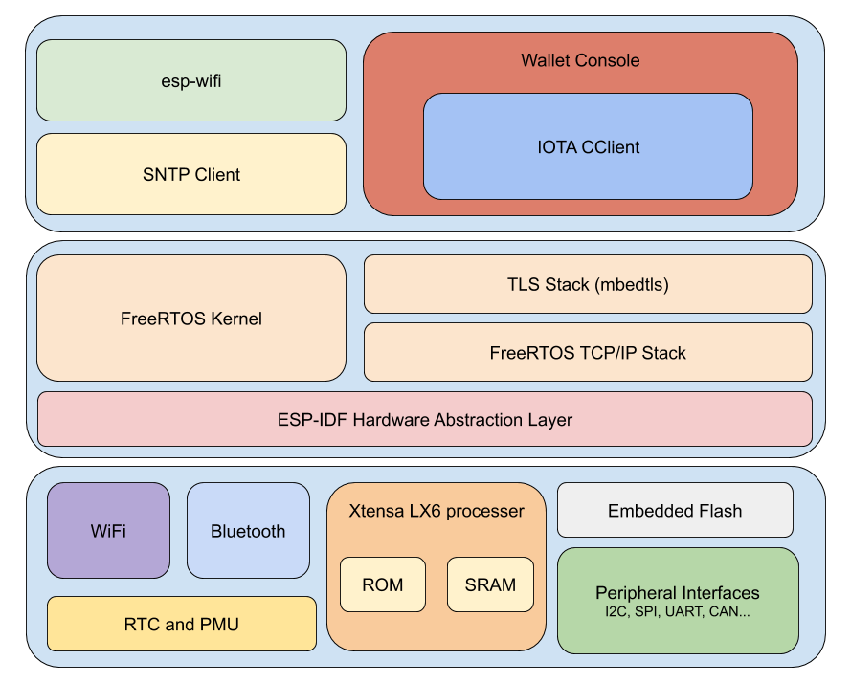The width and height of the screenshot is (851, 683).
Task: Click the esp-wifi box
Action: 191,80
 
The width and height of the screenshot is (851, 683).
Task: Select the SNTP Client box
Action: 191,174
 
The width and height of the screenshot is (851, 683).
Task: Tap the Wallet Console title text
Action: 580,60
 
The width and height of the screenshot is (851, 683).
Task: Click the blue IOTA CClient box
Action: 588,146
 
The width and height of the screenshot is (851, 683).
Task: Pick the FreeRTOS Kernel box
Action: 191,318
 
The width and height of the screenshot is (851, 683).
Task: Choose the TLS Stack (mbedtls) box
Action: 588,284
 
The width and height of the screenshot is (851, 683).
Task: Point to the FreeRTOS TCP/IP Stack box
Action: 588,352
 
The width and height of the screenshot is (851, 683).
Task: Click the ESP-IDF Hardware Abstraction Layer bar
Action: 425,419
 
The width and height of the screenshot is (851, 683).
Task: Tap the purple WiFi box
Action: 108,530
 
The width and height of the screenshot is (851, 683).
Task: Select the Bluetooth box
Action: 248,530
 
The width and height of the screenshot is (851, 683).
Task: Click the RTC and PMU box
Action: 182,624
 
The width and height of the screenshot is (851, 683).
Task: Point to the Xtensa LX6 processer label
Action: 437,511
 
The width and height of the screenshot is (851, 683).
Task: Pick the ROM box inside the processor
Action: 383,584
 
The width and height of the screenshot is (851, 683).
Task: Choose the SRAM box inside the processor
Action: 490,584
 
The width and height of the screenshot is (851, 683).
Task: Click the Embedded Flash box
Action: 675,510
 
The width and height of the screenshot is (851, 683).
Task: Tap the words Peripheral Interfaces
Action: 678,592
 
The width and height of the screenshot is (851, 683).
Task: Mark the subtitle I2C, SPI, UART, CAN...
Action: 678,611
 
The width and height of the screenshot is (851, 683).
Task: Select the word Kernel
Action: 236,319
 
